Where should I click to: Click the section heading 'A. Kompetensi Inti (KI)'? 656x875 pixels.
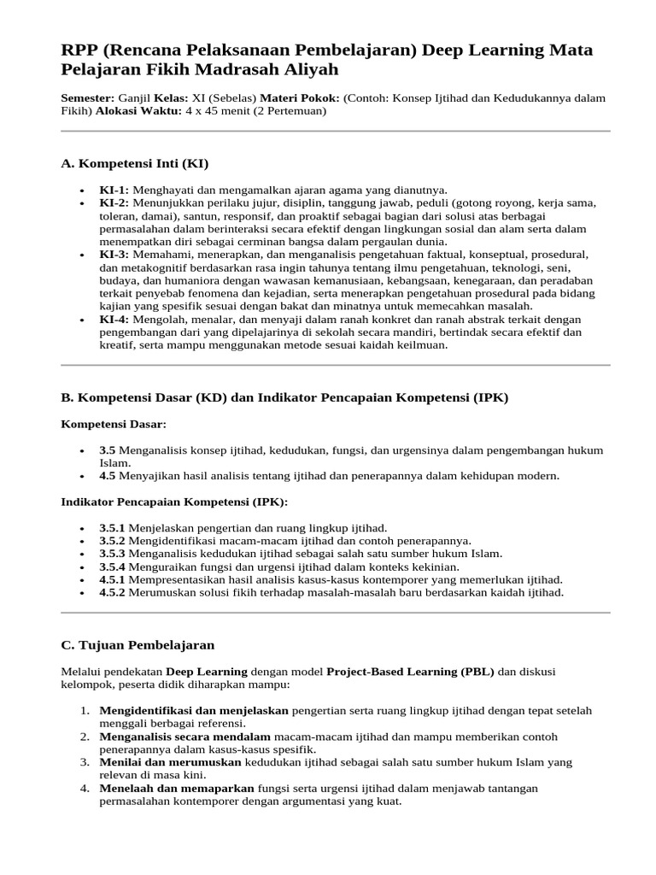pos(134,163)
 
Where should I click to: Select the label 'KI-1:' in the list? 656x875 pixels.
pos(114,190)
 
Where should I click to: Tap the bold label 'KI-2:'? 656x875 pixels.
pos(114,203)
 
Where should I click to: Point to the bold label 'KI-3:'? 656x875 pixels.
pos(114,255)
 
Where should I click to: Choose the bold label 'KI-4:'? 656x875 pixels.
pos(114,320)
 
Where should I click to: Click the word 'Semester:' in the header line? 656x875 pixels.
pos(88,98)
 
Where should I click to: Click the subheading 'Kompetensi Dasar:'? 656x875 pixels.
pos(114,424)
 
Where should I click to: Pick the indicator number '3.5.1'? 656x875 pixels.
pos(112,528)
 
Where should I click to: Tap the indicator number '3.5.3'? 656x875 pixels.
pos(112,554)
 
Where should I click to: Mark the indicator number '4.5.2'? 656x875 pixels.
pos(112,592)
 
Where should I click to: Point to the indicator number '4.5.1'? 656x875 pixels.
pos(112,579)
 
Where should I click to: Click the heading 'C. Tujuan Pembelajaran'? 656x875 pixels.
pos(138,644)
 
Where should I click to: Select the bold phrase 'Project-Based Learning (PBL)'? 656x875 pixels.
pos(410,672)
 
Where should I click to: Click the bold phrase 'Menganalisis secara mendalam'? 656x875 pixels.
pos(185,737)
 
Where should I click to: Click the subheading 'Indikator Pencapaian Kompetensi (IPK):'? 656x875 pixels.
pos(174,502)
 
